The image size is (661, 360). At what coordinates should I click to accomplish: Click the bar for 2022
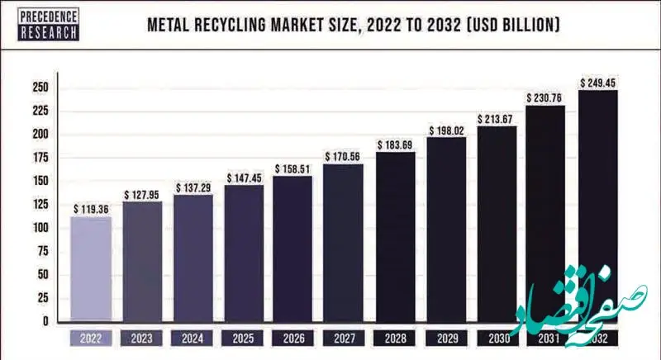click(x=91, y=268)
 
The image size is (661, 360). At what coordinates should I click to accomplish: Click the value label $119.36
click(x=91, y=209)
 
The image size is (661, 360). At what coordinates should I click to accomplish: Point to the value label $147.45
click(x=244, y=178)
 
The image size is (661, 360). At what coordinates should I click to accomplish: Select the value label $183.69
click(x=394, y=145)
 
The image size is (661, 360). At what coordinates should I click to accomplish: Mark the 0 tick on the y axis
click(x=45, y=321)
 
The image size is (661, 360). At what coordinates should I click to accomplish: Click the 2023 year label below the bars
click(x=142, y=338)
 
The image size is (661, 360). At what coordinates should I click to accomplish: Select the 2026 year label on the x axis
click(x=293, y=338)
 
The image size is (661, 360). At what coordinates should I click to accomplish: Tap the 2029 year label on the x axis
click(x=445, y=338)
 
